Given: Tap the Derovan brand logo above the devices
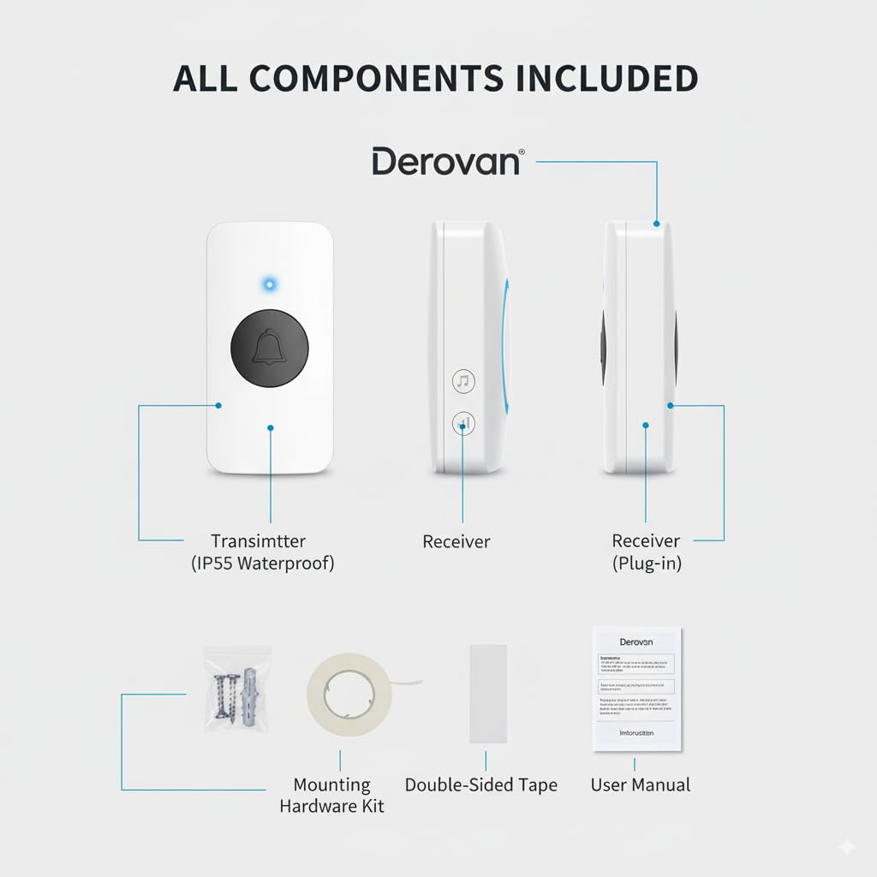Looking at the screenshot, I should click(x=446, y=161).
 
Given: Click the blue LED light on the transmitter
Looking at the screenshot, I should click(x=270, y=283).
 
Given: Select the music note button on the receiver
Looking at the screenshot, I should click(x=463, y=381).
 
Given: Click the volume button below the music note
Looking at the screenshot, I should click(x=463, y=422).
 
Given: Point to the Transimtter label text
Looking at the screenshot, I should click(x=258, y=541).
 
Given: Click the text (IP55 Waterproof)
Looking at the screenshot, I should click(x=262, y=564).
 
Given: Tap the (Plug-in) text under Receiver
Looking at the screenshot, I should click(x=647, y=564).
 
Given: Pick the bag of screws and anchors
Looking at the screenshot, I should click(x=237, y=689).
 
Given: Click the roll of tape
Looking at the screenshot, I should click(x=349, y=695).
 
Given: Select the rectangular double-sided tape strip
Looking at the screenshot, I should click(x=488, y=694).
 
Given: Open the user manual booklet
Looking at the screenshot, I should click(x=637, y=689).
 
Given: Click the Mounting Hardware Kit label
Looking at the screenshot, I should click(x=331, y=795).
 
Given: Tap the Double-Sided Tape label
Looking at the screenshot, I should click(x=480, y=785).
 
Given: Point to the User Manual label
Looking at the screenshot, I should click(x=640, y=785).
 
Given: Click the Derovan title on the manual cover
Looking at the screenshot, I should click(x=635, y=641).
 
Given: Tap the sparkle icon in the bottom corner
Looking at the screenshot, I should click(x=846, y=846).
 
